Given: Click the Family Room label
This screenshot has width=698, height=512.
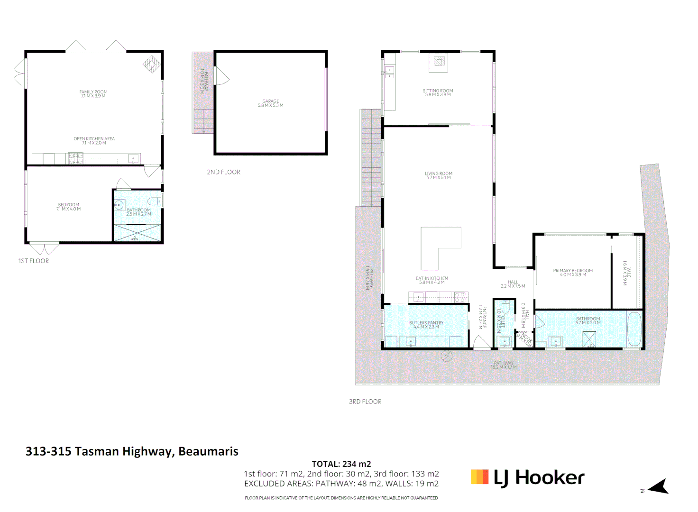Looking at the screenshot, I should pyautogui.click(x=93, y=94).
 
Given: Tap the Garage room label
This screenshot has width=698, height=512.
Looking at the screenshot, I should pyautogui.click(x=270, y=103).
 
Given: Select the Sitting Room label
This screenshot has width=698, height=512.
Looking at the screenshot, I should pyautogui.click(x=438, y=92).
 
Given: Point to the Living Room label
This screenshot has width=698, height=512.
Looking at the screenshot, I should pyautogui.click(x=439, y=175).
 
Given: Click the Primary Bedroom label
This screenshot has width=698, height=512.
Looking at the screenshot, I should pyautogui.click(x=573, y=273).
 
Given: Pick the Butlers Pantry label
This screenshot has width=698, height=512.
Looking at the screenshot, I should pyautogui.click(x=426, y=325).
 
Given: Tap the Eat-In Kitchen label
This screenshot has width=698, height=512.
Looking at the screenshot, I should pyautogui.click(x=432, y=280).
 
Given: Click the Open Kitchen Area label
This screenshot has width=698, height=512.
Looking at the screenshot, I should pyautogui.click(x=94, y=141).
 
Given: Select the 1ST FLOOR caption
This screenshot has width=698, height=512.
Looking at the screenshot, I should pyautogui.click(x=34, y=261).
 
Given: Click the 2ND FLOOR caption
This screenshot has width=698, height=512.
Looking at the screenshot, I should pyautogui.click(x=223, y=172).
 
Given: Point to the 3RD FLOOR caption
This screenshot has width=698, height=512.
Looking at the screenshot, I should pyautogui.click(x=365, y=402).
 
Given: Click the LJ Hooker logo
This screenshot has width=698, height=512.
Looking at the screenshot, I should pyautogui.click(x=527, y=477).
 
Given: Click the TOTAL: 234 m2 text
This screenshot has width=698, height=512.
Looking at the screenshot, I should pyautogui.click(x=341, y=464).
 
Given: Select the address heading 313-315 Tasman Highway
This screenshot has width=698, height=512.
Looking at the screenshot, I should pyautogui.click(x=132, y=451).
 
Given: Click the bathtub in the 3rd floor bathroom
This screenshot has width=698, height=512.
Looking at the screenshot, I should pyautogui.click(x=634, y=329).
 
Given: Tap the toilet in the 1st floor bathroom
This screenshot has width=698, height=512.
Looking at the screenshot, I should pyautogui.click(x=155, y=201).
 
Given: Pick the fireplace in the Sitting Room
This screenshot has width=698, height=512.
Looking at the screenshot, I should pyautogui.click(x=439, y=62).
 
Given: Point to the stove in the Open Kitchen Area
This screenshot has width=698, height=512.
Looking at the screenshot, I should pyautogui.click(x=75, y=158).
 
